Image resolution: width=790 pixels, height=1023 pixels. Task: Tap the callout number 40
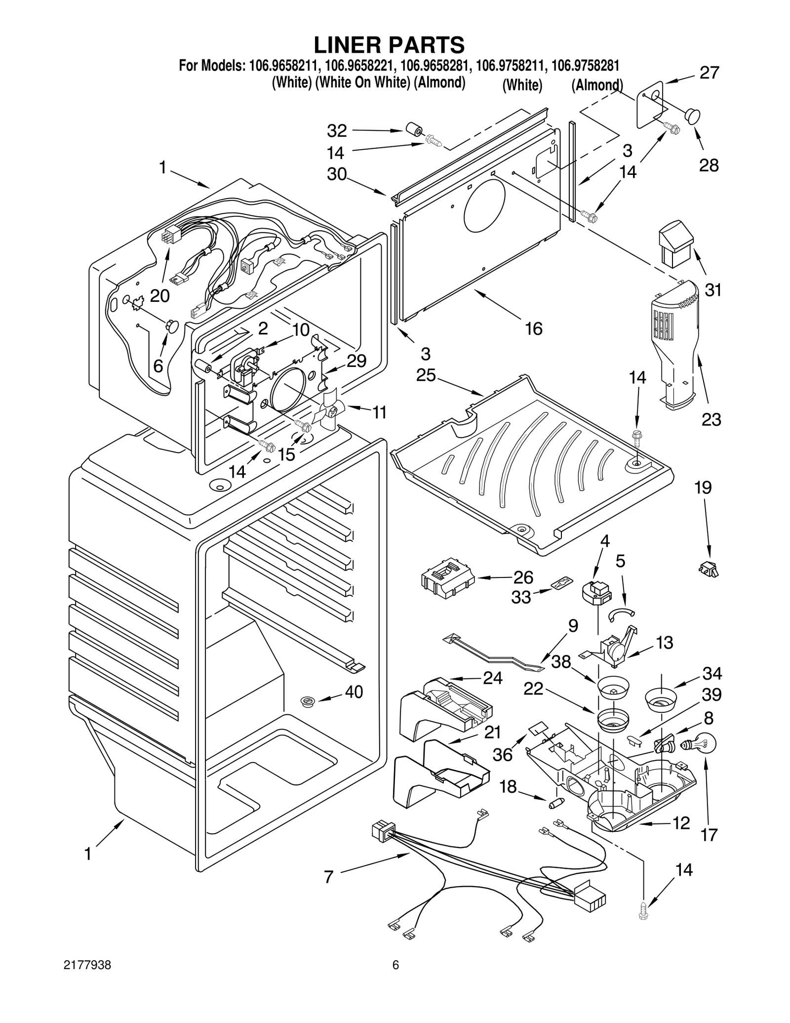(354, 692)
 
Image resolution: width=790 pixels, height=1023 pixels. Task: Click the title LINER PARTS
(389, 44)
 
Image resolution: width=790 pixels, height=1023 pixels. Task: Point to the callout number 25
(426, 375)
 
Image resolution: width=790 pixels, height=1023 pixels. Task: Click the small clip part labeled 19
(709, 570)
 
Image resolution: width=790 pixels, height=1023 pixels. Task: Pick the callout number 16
(534, 328)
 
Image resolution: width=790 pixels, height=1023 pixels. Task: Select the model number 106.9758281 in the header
(585, 65)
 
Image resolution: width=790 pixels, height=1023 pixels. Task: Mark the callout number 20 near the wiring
(159, 296)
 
